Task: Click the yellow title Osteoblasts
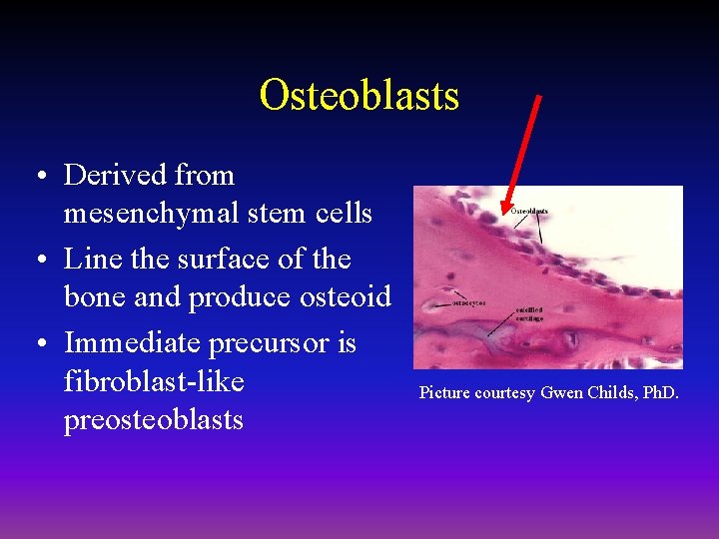coord(359,96)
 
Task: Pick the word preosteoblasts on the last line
coord(153,419)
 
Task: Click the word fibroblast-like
coord(154,381)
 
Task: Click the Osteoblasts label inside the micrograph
coord(529,211)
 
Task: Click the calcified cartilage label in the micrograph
coord(529,313)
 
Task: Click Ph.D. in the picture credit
coord(658,392)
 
